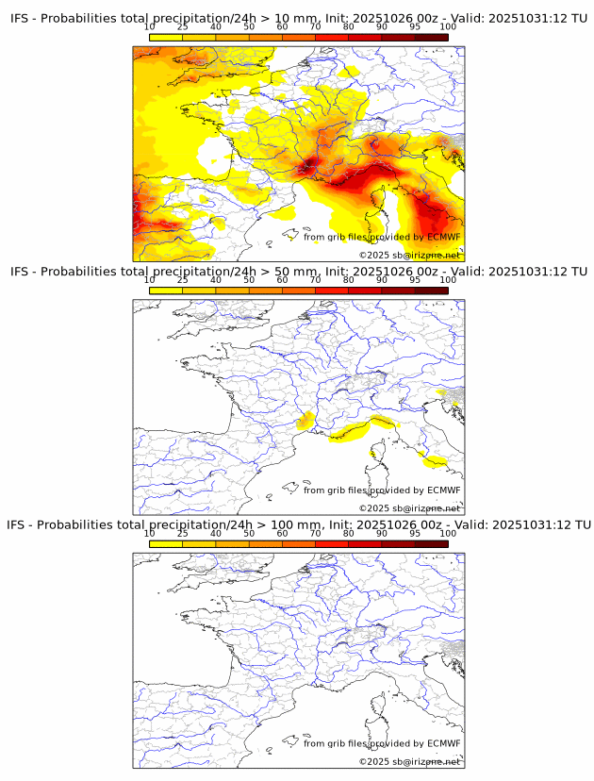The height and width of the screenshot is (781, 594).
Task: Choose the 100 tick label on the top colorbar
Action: (x=448, y=28)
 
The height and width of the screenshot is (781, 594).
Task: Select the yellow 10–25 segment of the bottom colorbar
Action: (x=166, y=543)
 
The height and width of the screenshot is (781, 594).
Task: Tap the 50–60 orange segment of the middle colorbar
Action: (x=265, y=291)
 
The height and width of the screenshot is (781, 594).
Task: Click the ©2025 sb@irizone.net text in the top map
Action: (x=409, y=256)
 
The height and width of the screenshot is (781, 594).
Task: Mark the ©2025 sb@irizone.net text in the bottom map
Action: (x=409, y=761)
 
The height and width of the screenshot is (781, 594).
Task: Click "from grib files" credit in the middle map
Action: (x=336, y=490)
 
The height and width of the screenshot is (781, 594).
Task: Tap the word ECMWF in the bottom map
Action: (x=444, y=743)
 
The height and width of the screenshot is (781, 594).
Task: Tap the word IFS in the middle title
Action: (x=20, y=272)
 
